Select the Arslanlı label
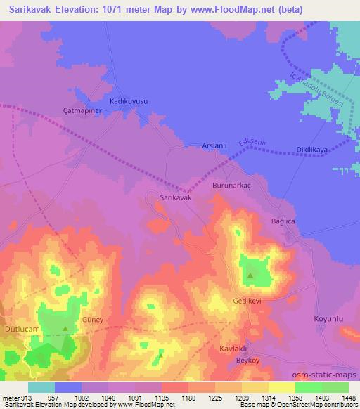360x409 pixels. [x=214, y=145]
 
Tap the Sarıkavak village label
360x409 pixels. [x=176, y=198]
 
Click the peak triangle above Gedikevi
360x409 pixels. [x=251, y=275]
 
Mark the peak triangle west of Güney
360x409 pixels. [x=65, y=328]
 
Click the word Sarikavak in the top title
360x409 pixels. [x=28, y=9]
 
